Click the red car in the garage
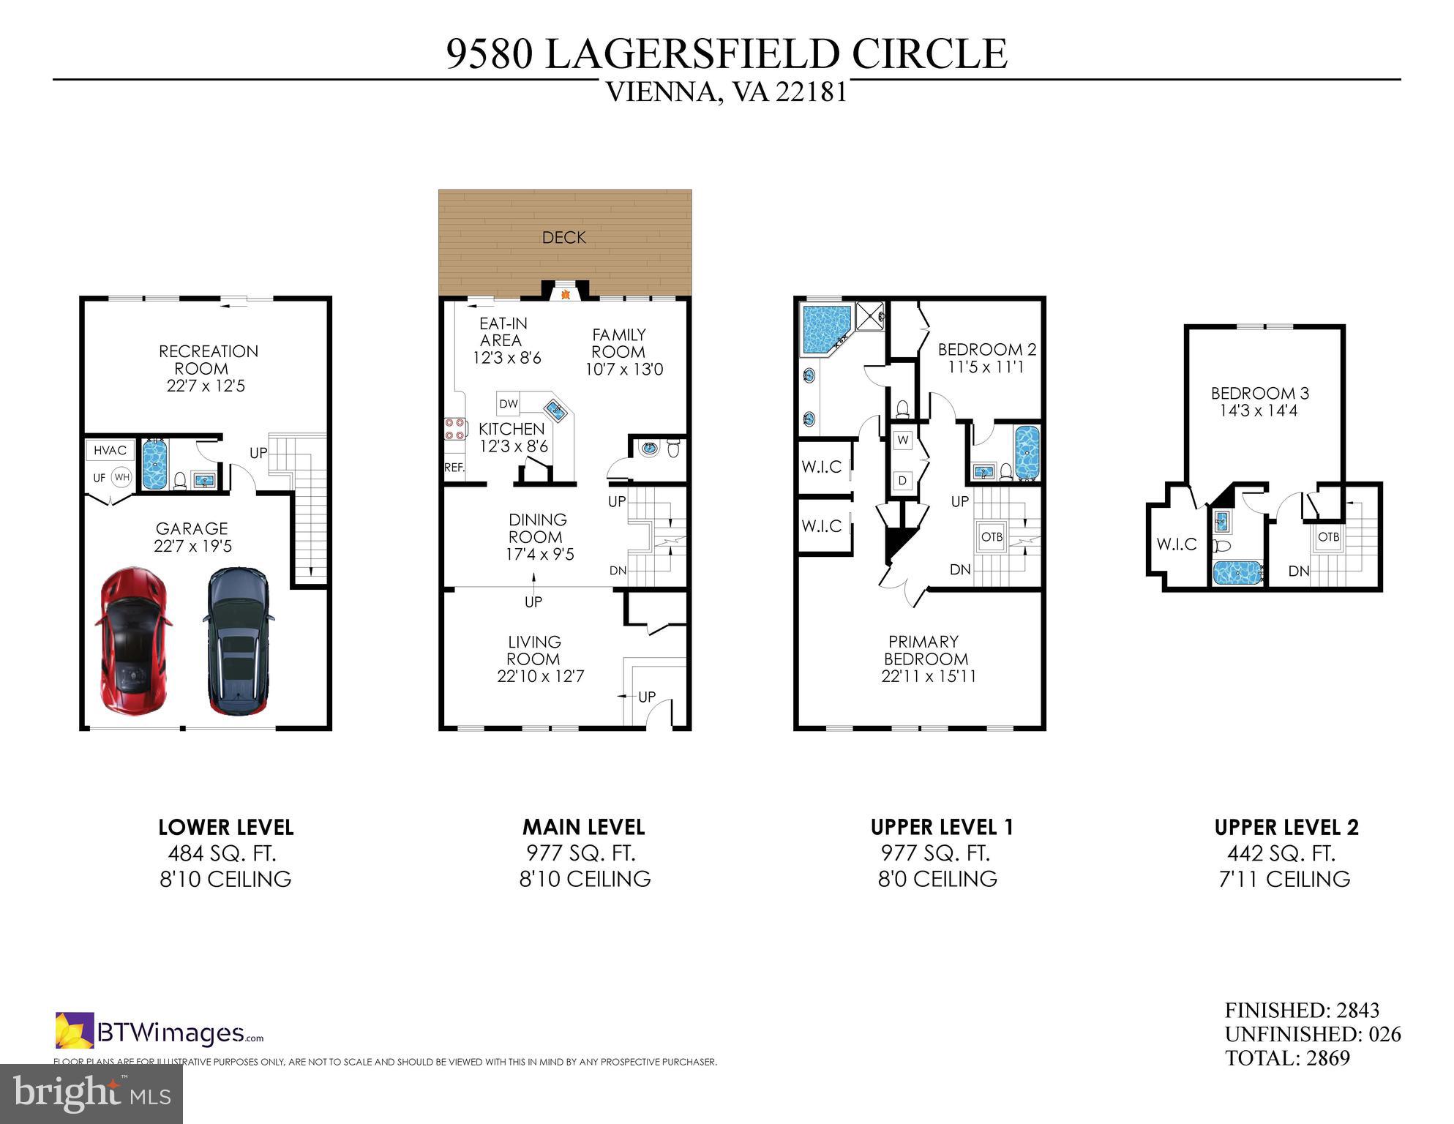click(x=133, y=642)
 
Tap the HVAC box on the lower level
click(x=110, y=450)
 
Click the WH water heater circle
click(x=121, y=478)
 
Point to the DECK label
click(x=563, y=238)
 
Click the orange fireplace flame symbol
click(x=565, y=295)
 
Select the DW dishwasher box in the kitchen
click(x=509, y=404)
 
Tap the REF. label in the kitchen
click(x=454, y=467)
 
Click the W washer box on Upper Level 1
click(x=903, y=441)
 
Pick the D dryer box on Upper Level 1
click(x=903, y=480)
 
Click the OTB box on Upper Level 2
click(x=1328, y=537)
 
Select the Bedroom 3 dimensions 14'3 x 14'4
click(x=1258, y=411)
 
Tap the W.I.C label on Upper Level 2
click(x=1177, y=544)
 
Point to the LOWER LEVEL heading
click(x=225, y=828)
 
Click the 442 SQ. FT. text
click(x=1281, y=853)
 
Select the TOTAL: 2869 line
click(x=1287, y=1058)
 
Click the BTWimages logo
click(x=160, y=1033)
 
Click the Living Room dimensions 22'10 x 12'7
click(x=540, y=676)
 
